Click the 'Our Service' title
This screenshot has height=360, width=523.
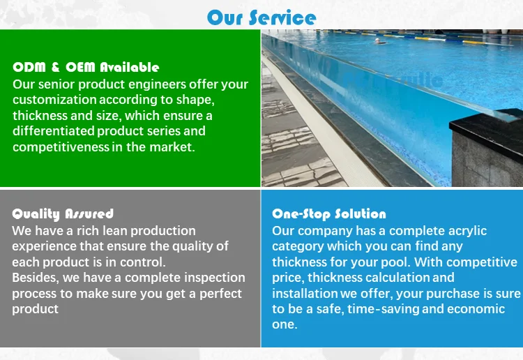[261, 17]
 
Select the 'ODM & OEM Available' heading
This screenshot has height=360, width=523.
[86, 68]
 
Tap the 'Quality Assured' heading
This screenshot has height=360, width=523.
[63, 213]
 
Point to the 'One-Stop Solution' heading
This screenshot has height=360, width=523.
[329, 213]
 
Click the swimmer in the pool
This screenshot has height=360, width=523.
[379, 40]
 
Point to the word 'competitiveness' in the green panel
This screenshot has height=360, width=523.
[61, 147]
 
